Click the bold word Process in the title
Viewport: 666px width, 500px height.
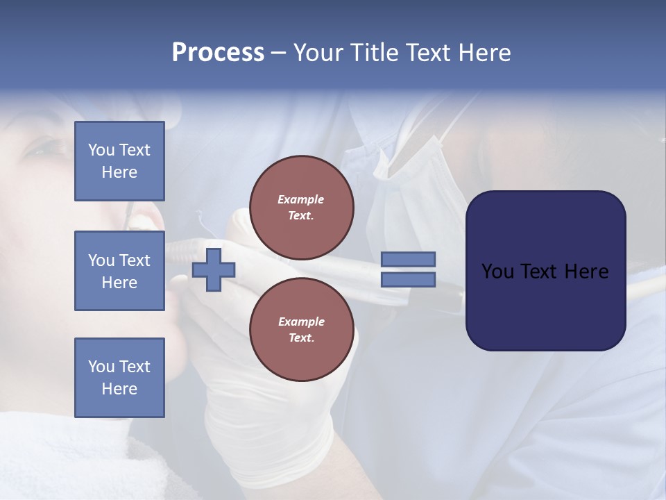(218, 52)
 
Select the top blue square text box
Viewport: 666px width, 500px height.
(119, 161)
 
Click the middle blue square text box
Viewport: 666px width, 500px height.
(119, 271)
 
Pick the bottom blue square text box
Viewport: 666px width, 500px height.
(119, 378)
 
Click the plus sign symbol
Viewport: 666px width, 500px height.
(214, 269)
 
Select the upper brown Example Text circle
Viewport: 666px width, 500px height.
(301, 208)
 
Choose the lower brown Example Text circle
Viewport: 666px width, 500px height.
(301, 330)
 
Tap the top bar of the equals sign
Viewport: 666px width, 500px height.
(409, 259)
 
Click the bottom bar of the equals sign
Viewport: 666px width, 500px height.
(409, 280)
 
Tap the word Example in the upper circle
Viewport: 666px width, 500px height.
(301, 199)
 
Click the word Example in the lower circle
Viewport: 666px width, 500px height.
(301, 322)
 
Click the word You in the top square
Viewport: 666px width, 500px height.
(101, 150)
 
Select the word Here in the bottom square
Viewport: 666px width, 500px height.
(119, 389)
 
